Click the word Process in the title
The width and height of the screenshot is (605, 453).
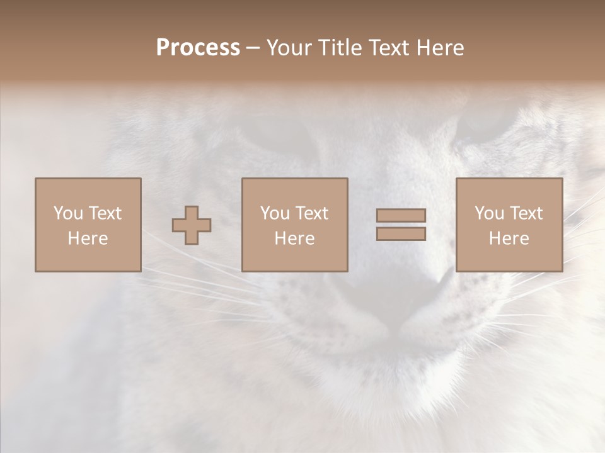pos(198,48)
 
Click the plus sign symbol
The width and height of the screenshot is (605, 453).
pos(192,225)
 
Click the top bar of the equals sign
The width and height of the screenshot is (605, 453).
pos(401,216)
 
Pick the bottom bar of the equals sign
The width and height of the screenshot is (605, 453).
pos(401,233)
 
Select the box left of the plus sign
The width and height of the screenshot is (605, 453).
pos(88,225)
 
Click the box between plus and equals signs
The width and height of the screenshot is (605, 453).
pos(295,225)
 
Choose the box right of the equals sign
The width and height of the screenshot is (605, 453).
pos(509,225)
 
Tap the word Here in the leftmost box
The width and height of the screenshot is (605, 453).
pos(88,238)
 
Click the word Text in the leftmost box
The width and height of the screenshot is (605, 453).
pos(105,213)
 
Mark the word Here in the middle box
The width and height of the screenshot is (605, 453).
pos(294,238)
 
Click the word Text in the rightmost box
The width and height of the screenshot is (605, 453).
pos(526,213)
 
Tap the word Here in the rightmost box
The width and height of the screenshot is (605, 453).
pos(509,238)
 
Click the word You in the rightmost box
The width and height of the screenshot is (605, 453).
pos(489,213)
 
